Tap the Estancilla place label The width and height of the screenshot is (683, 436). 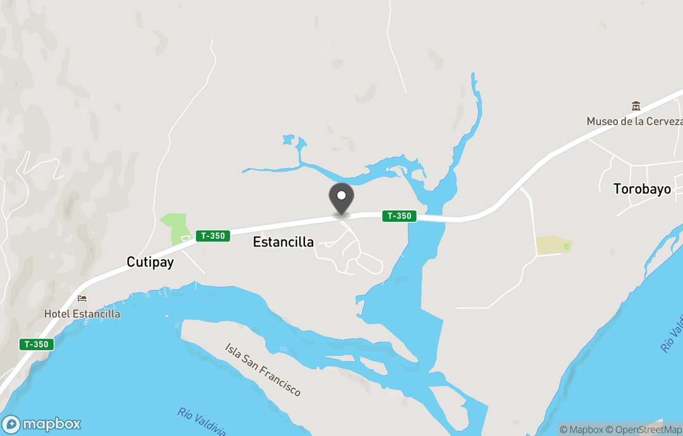pyautogui.click(x=283, y=241)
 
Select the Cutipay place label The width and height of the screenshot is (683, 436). pyautogui.click(x=150, y=262)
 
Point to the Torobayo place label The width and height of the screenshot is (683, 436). pyautogui.click(x=642, y=189)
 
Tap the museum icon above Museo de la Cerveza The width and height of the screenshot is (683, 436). pyautogui.click(x=636, y=106)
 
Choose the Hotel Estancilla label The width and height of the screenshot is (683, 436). pyautogui.click(x=82, y=313)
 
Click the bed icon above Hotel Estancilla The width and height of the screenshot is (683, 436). pyautogui.click(x=82, y=299)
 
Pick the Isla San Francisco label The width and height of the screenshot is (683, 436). pyautogui.click(x=263, y=370)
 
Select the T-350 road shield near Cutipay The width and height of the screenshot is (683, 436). pyautogui.click(x=212, y=236)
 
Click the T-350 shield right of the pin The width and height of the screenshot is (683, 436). pyautogui.click(x=399, y=216)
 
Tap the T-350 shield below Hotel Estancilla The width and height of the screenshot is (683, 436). pyautogui.click(x=36, y=344)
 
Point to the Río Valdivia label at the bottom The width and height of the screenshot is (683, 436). pyautogui.click(x=202, y=421)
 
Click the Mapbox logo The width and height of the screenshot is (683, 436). pyautogui.click(x=42, y=423)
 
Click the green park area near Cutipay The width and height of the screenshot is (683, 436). pyautogui.click(x=177, y=227)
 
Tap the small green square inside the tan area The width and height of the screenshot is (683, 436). pyautogui.click(x=566, y=246)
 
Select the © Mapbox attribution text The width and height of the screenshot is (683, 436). pyautogui.click(x=581, y=430)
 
